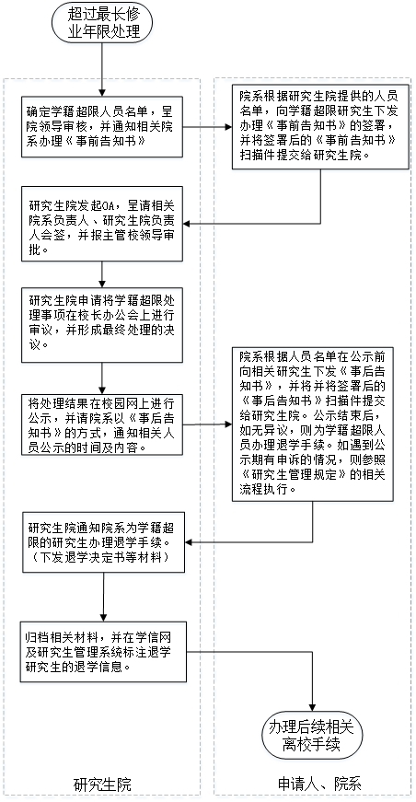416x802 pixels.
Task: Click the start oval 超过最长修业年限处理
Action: point(103,24)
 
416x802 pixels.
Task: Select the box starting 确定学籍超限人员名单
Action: point(102,126)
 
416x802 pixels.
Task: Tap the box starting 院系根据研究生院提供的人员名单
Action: point(320,126)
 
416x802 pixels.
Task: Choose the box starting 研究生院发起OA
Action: point(102,224)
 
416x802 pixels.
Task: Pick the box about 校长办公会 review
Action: point(102,325)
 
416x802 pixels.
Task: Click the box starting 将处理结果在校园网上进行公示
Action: point(102,424)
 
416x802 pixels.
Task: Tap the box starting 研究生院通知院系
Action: point(103,541)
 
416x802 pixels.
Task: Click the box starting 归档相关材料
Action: point(103,652)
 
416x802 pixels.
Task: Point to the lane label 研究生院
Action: point(102,785)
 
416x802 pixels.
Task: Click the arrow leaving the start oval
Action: point(103,70)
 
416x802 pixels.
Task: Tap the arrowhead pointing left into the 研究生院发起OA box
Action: point(189,224)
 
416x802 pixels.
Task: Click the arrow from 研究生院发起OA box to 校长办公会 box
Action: point(103,274)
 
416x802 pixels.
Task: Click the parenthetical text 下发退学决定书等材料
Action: point(103,557)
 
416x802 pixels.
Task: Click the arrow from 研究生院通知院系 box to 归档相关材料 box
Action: point(104,597)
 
